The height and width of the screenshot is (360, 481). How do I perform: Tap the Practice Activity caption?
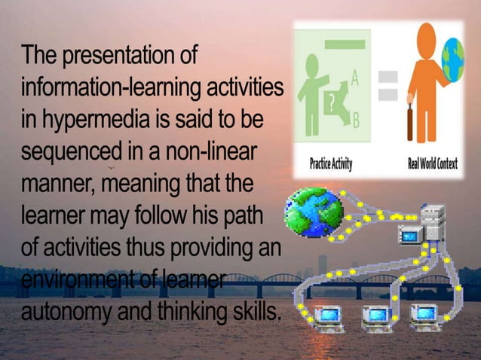(331, 164)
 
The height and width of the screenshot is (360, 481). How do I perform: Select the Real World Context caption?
(434, 164)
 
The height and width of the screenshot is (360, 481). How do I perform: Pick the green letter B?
(355, 121)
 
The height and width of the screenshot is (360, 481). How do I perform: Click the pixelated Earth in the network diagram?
(313, 212)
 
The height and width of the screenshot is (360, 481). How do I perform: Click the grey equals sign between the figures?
(387, 85)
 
